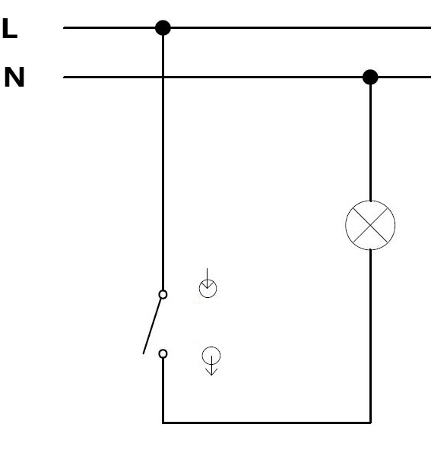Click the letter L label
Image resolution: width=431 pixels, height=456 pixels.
(x=10, y=28)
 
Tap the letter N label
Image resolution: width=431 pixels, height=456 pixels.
(x=14, y=77)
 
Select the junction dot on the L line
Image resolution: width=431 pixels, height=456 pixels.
(x=163, y=28)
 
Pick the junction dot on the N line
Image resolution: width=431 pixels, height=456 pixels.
(x=370, y=77)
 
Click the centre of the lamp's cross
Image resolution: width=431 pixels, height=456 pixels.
(x=370, y=225)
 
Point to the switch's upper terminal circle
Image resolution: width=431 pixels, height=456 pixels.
(x=163, y=295)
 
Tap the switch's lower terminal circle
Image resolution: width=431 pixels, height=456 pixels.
(x=163, y=353)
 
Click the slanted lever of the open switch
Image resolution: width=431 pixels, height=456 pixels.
(x=152, y=326)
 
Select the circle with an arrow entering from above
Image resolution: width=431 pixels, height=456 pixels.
(x=208, y=289)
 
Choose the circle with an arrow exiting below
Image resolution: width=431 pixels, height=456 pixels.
(x=211, y=356)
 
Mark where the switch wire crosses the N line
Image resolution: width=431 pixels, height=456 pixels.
(x=163, y=77)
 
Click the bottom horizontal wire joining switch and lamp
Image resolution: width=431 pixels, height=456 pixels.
(x=267, y=423)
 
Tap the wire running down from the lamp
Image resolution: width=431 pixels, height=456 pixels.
(x=370, y=336)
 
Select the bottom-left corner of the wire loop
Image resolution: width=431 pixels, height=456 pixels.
(x=163, y=423)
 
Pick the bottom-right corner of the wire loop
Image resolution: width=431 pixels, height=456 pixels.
(x=370, y=423)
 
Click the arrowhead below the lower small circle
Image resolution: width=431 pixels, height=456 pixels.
(x=211, y=372)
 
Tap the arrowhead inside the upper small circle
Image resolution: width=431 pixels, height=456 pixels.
(x=207, y=285)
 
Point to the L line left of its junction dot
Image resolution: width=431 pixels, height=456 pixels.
(x=109, y=28)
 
